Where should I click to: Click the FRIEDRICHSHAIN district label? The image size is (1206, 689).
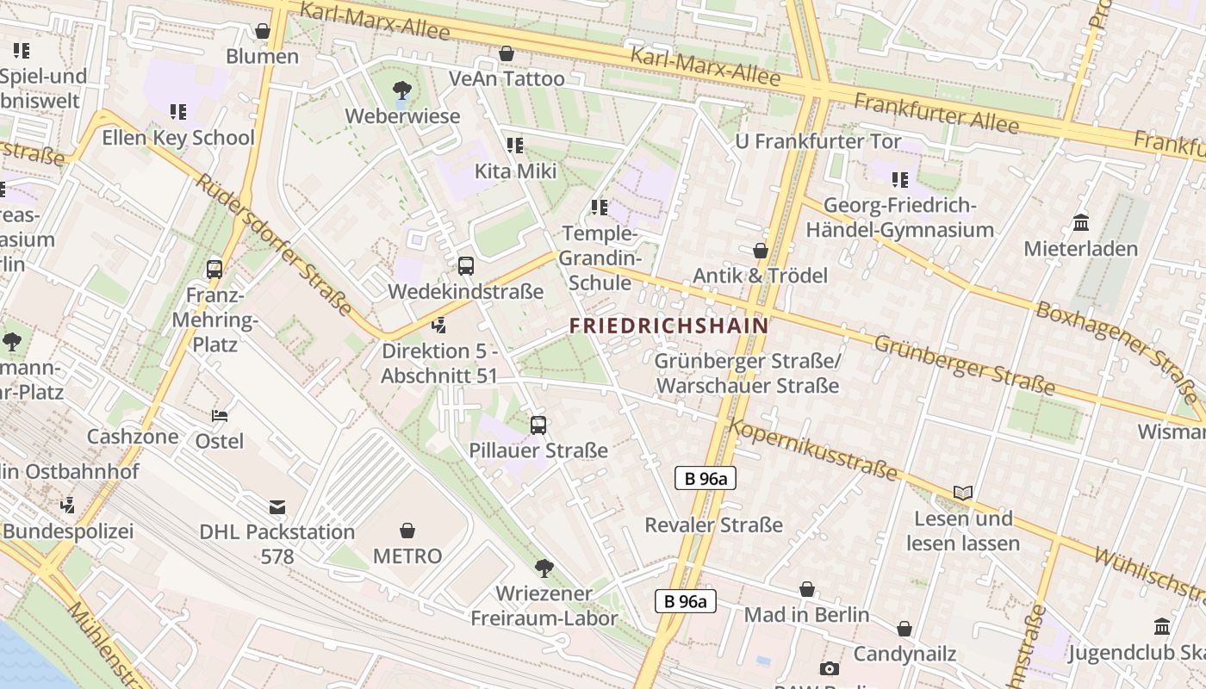(x=668, y=326)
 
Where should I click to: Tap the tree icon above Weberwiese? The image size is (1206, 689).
(x=401, y=89)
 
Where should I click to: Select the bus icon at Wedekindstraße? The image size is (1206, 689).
(x=466, y=266)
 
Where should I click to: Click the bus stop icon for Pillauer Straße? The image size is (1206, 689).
(x=538, y=425)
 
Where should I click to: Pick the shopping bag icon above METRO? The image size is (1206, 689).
(x=407, y=531)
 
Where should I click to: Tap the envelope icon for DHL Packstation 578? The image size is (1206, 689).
(x=277, y=506)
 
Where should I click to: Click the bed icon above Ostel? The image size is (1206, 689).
(x=220, y=415)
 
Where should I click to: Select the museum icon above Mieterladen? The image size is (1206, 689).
(x=1081, y=223)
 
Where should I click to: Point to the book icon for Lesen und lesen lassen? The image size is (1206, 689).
(x=963, y=493)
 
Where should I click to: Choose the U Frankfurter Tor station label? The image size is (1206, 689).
(x=817, y=141)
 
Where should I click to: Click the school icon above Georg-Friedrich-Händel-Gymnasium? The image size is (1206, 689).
(x=900, y=180)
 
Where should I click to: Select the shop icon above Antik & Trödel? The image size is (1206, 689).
(x=760, y=251)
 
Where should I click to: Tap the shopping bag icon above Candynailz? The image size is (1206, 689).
(x=904, y=629)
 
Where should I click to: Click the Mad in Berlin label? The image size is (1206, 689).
(x=806, y=615)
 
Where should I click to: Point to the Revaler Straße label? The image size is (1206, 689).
(x=713, y=525)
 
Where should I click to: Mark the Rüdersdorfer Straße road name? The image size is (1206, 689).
(x=274, y=245)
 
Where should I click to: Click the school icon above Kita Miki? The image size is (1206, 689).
(x=515, y=146)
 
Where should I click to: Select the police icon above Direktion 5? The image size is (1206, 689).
(x=439, y=326)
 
